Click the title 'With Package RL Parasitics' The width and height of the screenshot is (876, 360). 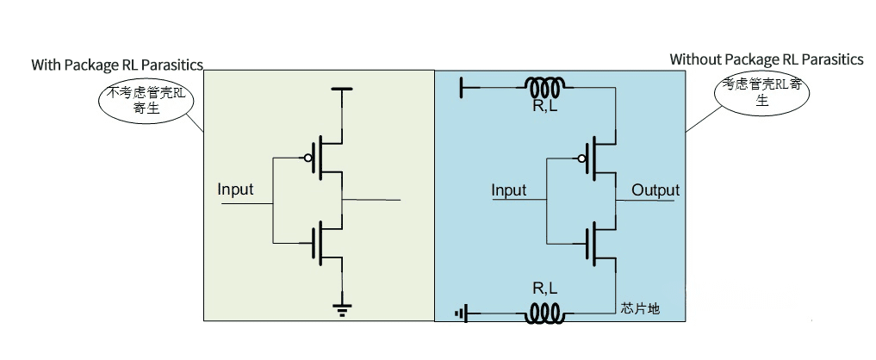117,65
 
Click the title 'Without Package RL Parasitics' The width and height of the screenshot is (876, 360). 766,59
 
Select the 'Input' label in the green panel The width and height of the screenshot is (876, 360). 235,189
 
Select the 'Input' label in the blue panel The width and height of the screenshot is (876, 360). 508,189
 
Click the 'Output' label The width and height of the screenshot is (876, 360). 655,189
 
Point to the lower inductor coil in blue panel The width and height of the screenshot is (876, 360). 545,313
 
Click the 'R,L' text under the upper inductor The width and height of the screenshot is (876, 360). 545,109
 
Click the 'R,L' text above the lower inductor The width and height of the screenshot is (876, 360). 544,289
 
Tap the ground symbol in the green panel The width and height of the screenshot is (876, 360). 343,307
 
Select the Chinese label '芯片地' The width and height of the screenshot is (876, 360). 640,307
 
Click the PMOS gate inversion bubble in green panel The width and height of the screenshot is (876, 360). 306,158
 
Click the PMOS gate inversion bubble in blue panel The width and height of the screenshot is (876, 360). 581,158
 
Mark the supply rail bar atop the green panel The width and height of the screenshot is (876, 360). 343,89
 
